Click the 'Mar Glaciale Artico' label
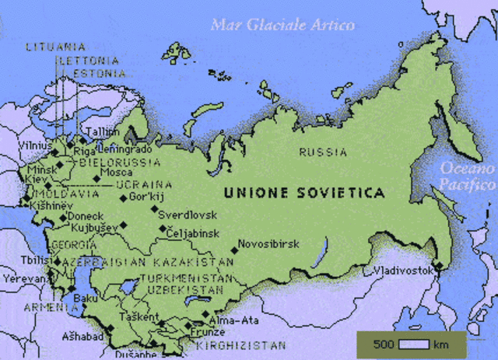282,25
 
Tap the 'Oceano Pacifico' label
467,177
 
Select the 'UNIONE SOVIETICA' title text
303,191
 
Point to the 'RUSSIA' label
323,152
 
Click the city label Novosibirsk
268,243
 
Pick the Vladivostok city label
402,271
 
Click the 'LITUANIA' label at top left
55,47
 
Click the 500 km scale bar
411,344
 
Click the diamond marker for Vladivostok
437,266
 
